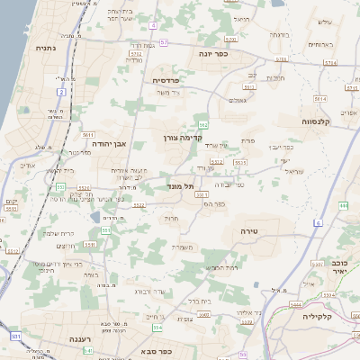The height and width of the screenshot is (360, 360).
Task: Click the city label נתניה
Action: click(44, 48)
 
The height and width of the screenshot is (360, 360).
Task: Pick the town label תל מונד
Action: click(181, 186)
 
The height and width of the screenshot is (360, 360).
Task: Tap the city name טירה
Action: click(243, 230)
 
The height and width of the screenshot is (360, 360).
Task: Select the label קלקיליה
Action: click(319, 317)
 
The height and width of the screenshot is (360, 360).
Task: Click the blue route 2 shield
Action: click(61, 92)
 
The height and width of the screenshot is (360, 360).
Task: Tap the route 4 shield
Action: click(153, 25)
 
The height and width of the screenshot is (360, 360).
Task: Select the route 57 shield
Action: click(164, 41)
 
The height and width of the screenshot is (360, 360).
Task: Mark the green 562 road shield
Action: click(204, 124)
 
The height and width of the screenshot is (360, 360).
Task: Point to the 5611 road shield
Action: click(88, 134)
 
